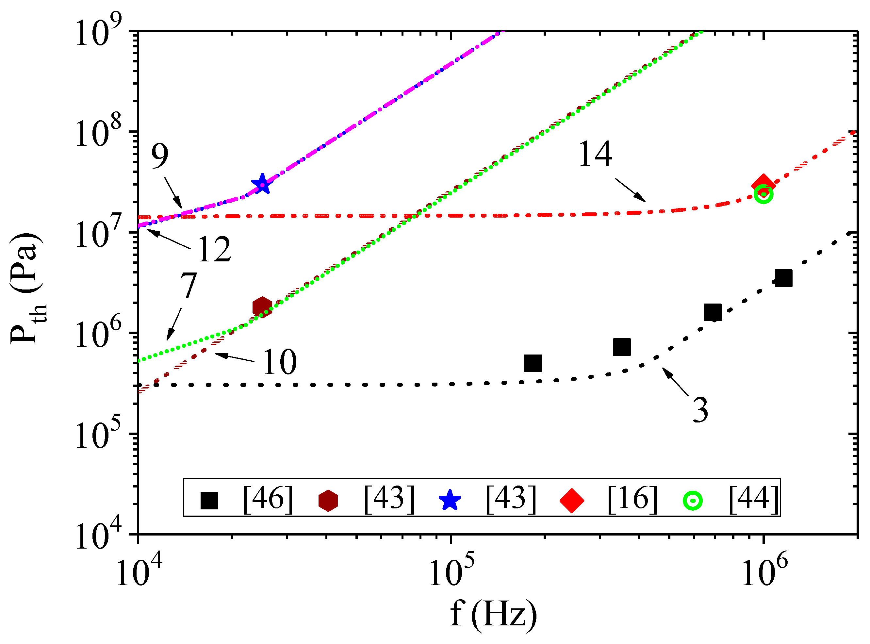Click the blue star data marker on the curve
coord(262,184)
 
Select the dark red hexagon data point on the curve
coord(262,307)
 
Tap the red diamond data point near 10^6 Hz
coord(763,186)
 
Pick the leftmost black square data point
coord(533,363)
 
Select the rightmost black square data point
coord(783,278)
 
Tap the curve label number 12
coord(214,250)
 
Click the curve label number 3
coord(700,410)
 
